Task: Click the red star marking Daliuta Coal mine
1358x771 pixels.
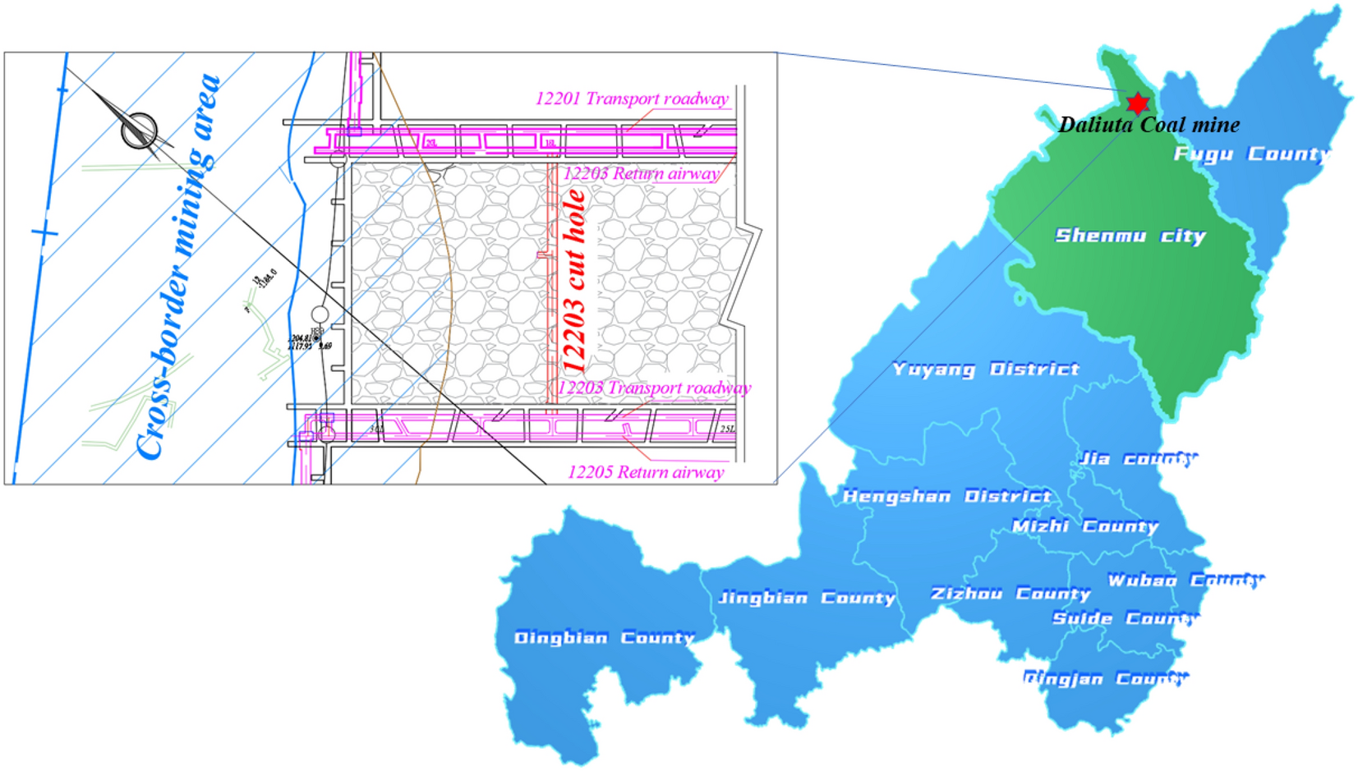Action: tap(1137, 103)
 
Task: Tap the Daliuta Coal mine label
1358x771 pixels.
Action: tap(1149, 125)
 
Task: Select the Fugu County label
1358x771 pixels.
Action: tap(1251, 154)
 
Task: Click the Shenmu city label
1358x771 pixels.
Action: tap(1130, 236)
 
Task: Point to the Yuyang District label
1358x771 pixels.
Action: tap(986, 369)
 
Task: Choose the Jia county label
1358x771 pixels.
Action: tap(1138, 458)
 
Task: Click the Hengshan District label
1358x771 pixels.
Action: tap(946, 496)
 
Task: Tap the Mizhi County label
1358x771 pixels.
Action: tap(1084, 526)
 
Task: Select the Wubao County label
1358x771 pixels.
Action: tap(1185, 580)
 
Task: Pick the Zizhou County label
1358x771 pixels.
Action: tap(1010, 593)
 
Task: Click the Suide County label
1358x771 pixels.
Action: tap(1126, 617)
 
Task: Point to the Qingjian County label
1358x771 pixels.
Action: tap(1106, 678)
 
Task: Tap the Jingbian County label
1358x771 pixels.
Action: tap(807, 598)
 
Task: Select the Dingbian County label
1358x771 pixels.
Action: tap(604, 637)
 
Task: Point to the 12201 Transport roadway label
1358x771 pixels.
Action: tap(632, 99)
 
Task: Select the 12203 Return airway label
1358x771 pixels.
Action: tap(641, 173)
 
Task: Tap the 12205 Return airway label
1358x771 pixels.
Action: tap(646, 472)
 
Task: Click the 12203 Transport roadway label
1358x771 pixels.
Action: tap(654, 388)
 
